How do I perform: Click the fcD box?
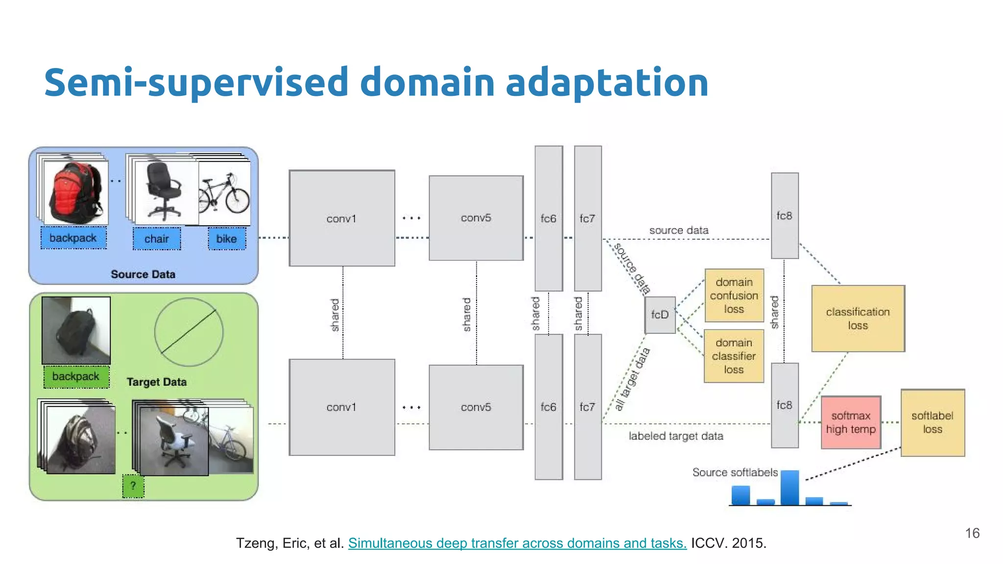point(660,315)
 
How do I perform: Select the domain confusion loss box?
point(734,296)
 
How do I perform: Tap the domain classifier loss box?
point(734,356)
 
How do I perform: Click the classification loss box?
point(858,318)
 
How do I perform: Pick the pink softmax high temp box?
point(851,422)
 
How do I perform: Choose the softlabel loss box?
point(932,423)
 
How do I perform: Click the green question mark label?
point(133,486)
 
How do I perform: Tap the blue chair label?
point(157,239)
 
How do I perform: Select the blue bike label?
point(227,239)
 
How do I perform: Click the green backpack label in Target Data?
point(76,376)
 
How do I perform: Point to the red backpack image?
point(75,191)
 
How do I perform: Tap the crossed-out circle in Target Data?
point(189,332)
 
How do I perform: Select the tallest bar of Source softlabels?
point(789,488)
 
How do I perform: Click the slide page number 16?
point(972,533)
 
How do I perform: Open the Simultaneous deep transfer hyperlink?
point(517,543)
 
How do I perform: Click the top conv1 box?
point(341,218)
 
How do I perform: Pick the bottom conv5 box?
point(476,407)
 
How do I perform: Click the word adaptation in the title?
point(607,82)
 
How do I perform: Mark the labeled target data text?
point(676,436)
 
